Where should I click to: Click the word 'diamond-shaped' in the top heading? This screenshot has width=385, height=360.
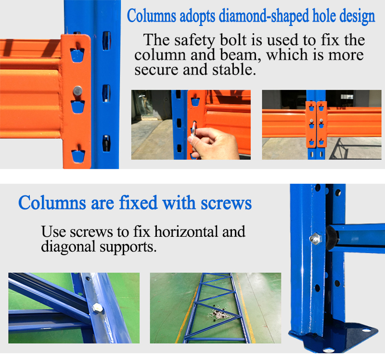pyautogui.click(x=264, y=16)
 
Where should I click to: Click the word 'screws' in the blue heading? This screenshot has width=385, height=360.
pyautogui.click(x=226, y=203)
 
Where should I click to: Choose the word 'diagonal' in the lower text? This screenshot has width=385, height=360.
pyautogui.click(x=68, y=247)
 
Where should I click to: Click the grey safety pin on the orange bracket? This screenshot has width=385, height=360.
pyautogui.click(x=77, y=92)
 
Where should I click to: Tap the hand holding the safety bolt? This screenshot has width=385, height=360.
pyautogui.click(x=212, y=143)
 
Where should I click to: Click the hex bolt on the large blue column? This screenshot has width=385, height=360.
pyautogui.click(x=315, y=239)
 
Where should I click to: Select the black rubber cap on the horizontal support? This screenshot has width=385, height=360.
pyautogui.click(x=332, y=238)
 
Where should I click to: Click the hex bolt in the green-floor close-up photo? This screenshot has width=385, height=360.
pyautogui.click(x=98, y=308)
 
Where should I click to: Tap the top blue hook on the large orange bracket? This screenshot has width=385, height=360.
pyautogui.click(x=77, y=55)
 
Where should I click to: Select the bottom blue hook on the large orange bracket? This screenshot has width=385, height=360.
pyautogui.click(x=78, y=156)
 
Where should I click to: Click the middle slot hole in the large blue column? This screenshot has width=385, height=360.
pyautogui.click(x=106, y=93)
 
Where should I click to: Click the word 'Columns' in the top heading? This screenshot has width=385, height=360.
pyautogui.click(x=152, y=16)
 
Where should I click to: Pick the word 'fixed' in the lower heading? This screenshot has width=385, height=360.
pyautogui.click(x=138, y=203)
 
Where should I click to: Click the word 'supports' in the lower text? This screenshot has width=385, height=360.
pyautogui.click(x=128, y=247)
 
